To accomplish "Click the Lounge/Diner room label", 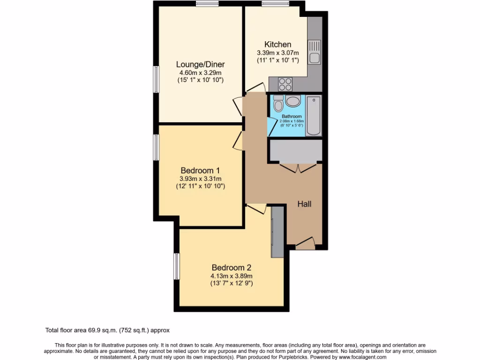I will coord(200,64).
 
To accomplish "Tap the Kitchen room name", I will coord(277,45).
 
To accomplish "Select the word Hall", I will coord(305,204).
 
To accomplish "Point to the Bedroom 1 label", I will coord(200,171).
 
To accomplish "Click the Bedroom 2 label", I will coord(231,268).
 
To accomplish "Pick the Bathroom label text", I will coord(292,116).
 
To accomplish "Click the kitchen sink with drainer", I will coord(314,52).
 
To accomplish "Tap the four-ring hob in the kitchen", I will coord(285,84).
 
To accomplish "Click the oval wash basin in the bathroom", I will coord(293,101).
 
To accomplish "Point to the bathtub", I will coord(313,116).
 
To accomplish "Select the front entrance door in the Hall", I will coord(305,243).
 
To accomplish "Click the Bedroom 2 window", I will coord(177,266).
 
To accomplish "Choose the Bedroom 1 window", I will coord(156,147).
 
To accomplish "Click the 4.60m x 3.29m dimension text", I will coord(200,73).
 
